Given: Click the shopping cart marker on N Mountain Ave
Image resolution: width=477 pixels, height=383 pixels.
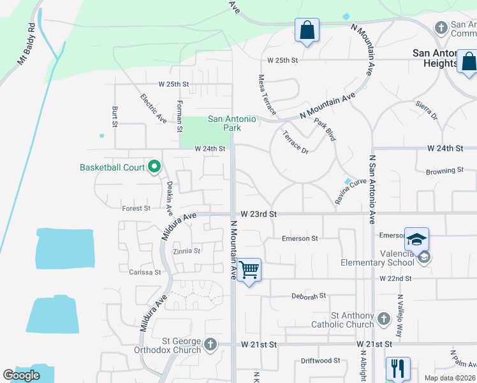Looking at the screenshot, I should [249, 270].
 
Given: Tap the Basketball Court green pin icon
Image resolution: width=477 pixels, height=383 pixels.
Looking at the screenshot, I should [154, 167].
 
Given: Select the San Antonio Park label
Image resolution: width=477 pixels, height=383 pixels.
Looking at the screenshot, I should [232, 123].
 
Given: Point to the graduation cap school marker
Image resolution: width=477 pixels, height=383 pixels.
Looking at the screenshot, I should [416, 239].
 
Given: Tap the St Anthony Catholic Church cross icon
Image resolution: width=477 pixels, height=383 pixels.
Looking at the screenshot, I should [383, 318].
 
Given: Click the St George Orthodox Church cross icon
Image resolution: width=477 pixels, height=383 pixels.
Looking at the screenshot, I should [210, 345].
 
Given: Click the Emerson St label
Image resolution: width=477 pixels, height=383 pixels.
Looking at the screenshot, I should [300, 239].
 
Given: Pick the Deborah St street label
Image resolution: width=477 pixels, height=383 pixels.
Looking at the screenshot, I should [309, 296].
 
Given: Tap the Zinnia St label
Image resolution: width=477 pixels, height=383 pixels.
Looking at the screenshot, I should [187, 252].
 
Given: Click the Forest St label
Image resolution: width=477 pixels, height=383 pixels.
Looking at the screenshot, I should [136, 208].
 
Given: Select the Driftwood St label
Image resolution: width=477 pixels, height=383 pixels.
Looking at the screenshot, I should [320, 361].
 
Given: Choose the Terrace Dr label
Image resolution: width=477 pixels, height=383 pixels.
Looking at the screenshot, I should [295, 142].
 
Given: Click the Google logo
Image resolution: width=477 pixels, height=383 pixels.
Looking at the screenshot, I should [21, 375].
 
